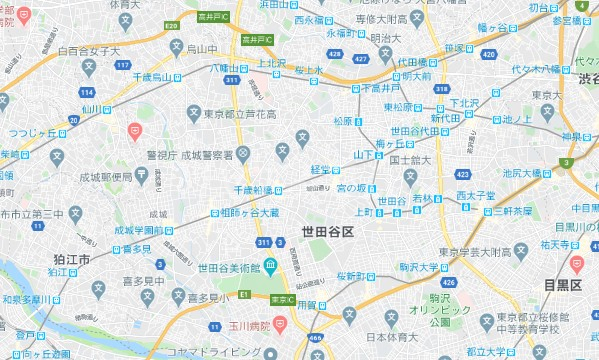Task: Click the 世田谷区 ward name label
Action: (327, 232)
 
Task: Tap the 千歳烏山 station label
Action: (149, 76)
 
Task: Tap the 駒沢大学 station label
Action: (421, 267)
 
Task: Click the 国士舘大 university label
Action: (410, 159)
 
